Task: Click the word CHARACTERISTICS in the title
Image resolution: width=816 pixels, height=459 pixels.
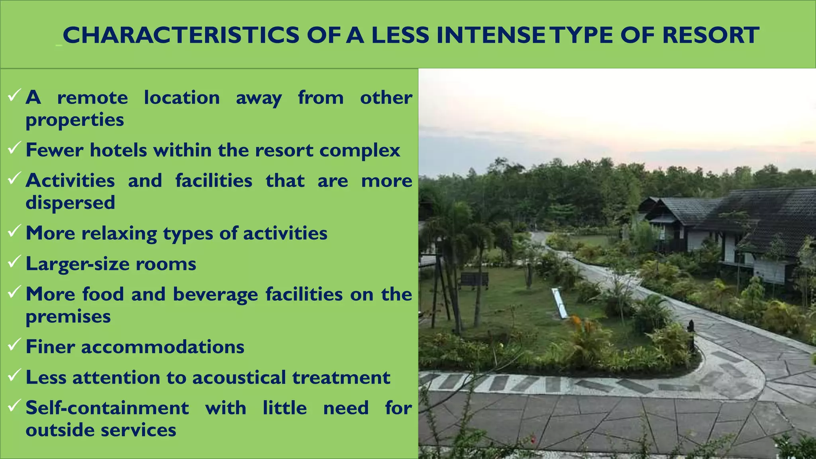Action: (181, 35)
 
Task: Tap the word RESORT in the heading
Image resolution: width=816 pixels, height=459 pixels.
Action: (710, 35)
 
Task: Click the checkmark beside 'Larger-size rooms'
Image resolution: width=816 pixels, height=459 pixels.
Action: (14, 261)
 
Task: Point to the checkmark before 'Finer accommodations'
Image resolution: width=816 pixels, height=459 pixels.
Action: (14, 344)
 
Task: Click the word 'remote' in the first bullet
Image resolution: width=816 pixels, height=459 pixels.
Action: (92, 98)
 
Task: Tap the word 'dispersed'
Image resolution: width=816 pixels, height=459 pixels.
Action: (70, 202)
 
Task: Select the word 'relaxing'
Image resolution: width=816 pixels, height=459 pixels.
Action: (119, 233)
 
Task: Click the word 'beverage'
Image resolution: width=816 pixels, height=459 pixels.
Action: (216, 295)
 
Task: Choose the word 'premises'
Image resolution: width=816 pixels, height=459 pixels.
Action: (68, 317)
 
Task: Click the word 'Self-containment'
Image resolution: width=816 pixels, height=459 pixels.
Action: (107, 408)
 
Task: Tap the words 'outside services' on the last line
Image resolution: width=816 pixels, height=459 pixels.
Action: (101, 430)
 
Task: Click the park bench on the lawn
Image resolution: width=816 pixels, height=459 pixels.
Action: (473, 280)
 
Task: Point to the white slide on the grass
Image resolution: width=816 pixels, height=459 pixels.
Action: (559, 303)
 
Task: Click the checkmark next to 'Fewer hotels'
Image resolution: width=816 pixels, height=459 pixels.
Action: (14, 148)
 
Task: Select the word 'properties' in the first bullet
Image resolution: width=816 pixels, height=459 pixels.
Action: (75, 120)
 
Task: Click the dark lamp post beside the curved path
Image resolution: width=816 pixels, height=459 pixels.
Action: (691, 335)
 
